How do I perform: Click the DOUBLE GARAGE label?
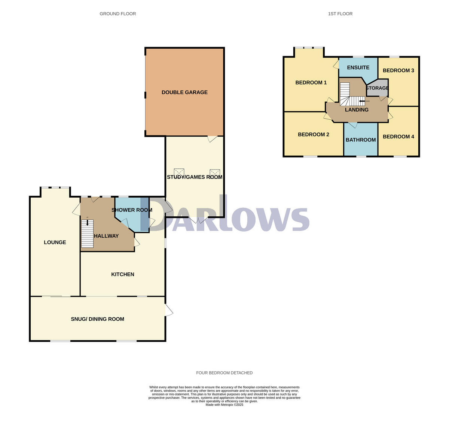(184, 92)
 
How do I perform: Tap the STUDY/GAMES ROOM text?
(195, 177)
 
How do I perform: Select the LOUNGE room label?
(55, 243)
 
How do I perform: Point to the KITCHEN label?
(123, 274)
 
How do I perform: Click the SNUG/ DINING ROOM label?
(97, 319)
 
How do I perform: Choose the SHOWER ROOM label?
(132, 210)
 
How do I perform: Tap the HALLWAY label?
(106, 236)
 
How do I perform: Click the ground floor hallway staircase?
(88, 234)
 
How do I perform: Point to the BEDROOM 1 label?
(311, 83)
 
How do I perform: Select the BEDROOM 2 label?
(314, 135)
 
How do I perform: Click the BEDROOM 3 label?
(398, 70)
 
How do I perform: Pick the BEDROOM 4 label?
(398, 137)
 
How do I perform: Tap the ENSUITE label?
(358, 68)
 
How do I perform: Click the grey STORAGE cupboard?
(377, 88)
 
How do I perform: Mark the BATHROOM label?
(361, 140)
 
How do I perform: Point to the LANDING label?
(357, 110)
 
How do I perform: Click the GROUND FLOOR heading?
(118, 14)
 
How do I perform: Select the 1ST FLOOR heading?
(340, 14)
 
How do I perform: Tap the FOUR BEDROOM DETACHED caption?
(224, 373)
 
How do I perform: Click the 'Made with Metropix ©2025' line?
(224, 405)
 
